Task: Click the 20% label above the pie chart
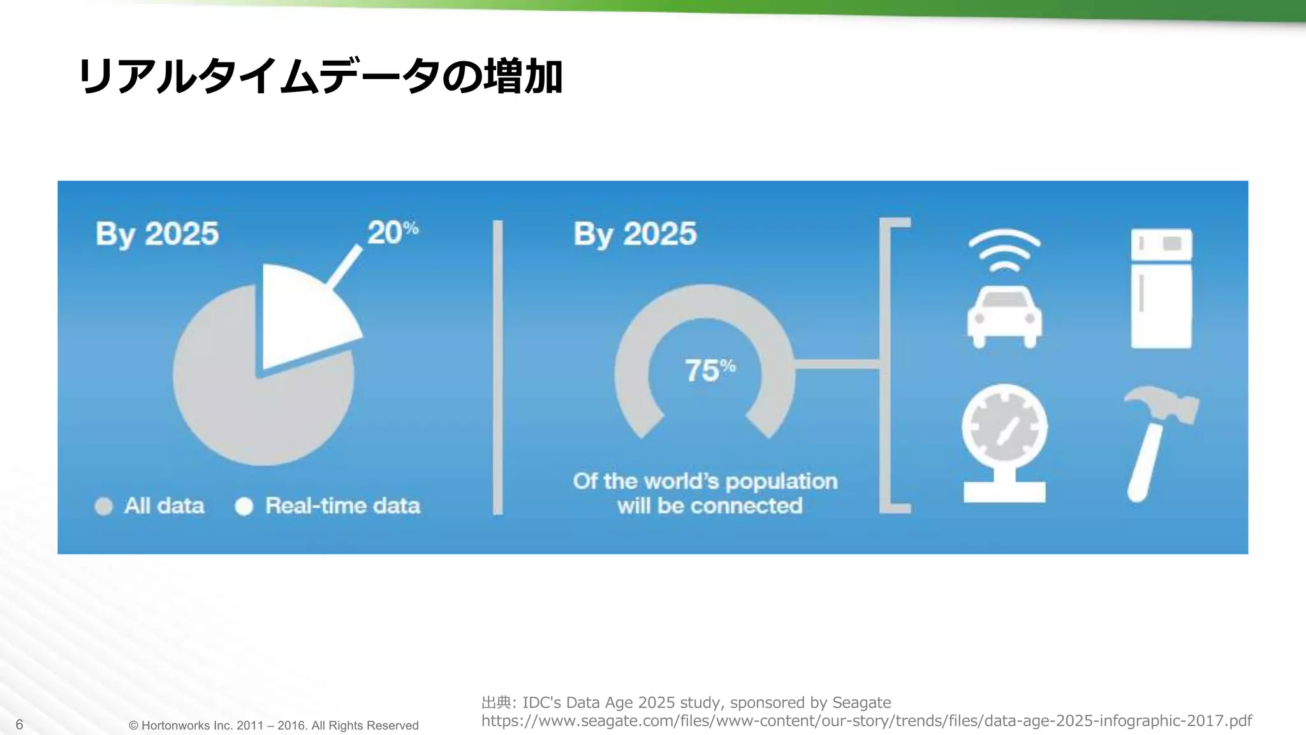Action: point(392,232)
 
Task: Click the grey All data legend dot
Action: point(103,506)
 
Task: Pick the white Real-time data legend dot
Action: point(244,506)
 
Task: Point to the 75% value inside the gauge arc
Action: point(709,370)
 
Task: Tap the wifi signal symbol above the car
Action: point(1004,250)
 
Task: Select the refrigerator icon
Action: point(1161,288)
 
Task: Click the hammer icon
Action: point(1157,440)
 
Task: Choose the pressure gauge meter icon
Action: point(1004,440)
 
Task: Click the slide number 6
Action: point(19,724)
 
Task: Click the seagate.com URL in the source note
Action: point(866,721)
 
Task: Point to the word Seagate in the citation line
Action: point(862,702)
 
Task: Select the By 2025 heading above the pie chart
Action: point(157,234)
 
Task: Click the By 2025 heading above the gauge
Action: point(635,234)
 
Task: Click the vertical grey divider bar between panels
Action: point(497,367)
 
